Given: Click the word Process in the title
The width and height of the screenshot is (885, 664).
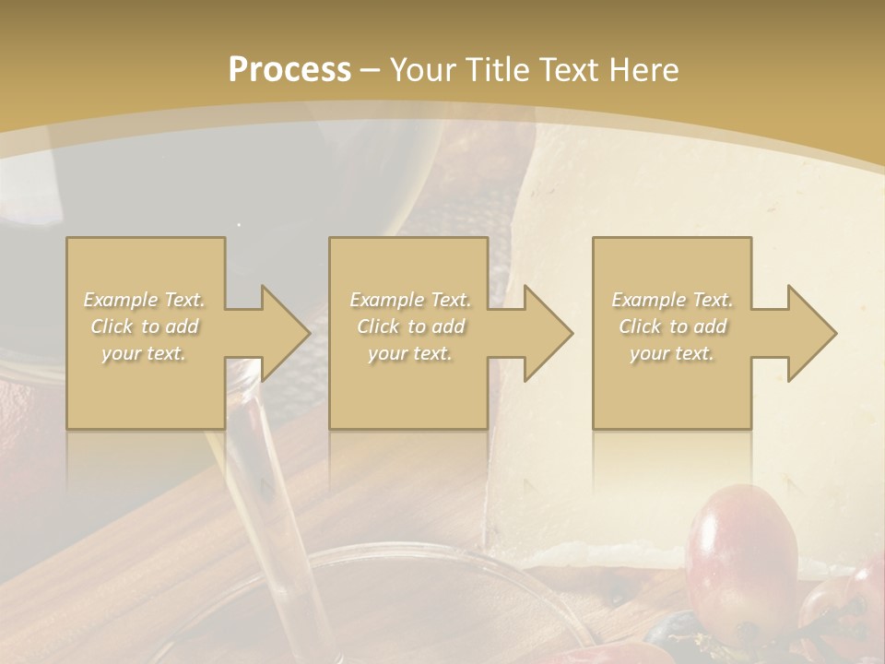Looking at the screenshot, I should pos(289,70).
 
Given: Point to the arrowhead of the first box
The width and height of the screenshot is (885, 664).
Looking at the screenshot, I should pos(285,333).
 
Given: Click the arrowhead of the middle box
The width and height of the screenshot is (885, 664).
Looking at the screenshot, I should pos(548,333).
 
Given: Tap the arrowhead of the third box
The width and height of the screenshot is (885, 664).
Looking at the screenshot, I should pos(811,333).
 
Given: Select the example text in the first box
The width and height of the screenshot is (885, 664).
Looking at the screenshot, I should pos(145,326).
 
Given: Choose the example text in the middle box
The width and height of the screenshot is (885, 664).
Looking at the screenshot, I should pos(410,326).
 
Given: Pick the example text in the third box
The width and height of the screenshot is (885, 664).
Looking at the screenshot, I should pos(672,326).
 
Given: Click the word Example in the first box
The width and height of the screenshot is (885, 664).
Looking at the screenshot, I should pos(120,300).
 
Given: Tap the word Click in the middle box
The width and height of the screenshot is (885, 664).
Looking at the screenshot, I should pos(377,326).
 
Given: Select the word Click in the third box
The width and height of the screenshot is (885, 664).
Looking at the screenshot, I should pos(640,326).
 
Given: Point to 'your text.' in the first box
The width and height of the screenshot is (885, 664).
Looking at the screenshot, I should pos(145,353).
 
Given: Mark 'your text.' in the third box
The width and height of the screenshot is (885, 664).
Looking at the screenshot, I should pos(672,353).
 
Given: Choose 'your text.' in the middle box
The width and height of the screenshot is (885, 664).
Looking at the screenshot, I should pos(410,353).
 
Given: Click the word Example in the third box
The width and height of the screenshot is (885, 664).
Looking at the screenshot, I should pos(647,300).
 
